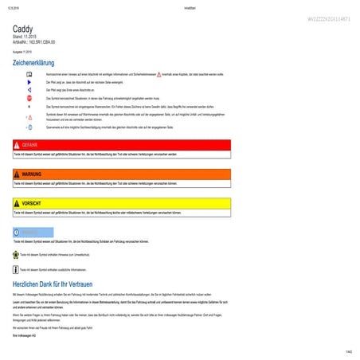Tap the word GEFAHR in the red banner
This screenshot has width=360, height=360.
tap(30, 144)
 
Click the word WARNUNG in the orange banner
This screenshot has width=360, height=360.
tap(32, 173)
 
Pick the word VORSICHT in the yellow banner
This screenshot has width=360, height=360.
tap(32, 203)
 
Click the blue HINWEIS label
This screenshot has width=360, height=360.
tap(30, 232)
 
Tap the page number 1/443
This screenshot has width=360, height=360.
tap(349, 352)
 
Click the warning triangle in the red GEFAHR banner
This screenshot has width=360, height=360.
tap(17, 144)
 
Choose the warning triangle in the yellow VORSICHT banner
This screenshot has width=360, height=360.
tap(17, 203)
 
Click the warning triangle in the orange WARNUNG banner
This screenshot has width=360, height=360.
tap(17, 173)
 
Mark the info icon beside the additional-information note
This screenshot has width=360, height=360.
tap(16, 269)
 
